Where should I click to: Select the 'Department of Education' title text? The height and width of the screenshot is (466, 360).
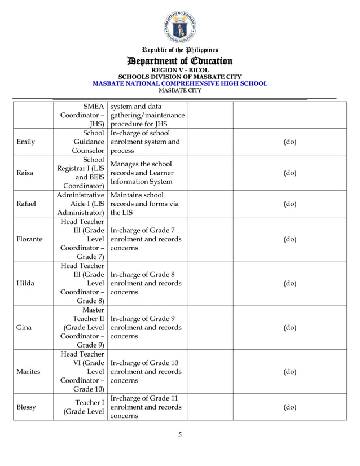(180, 61)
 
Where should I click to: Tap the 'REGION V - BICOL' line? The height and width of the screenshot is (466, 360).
(180, 71)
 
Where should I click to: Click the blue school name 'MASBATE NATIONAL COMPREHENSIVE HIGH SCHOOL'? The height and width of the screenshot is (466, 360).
(180, 83)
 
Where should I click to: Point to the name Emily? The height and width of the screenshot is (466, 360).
(25, 142)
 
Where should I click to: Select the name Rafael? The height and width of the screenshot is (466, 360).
(27, 204)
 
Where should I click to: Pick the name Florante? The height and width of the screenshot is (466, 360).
(29, 239)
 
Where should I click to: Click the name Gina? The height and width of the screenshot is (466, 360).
(24, 327)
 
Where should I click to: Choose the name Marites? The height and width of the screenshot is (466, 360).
(29, 372)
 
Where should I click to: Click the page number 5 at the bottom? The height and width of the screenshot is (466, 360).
(180, 434)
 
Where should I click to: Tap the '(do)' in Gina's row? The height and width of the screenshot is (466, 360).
(289, 327)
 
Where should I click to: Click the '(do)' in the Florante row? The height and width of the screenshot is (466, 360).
(289, 239)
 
